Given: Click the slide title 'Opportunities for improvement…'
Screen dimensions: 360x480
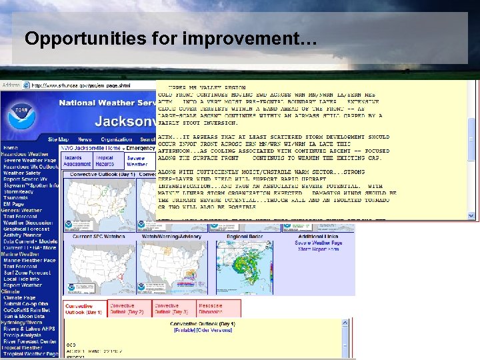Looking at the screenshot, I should [171, 39].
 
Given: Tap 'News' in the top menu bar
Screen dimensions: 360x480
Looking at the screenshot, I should [84, 139].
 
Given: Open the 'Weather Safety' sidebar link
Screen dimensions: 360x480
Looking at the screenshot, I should [22, 173].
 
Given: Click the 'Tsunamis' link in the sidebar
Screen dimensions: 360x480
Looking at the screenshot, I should [16, 198].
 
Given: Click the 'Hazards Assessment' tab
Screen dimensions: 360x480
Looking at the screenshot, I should [77, 161].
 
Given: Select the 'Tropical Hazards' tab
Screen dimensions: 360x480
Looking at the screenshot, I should [106, 161].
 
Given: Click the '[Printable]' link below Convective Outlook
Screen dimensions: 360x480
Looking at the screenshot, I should [186, 330].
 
